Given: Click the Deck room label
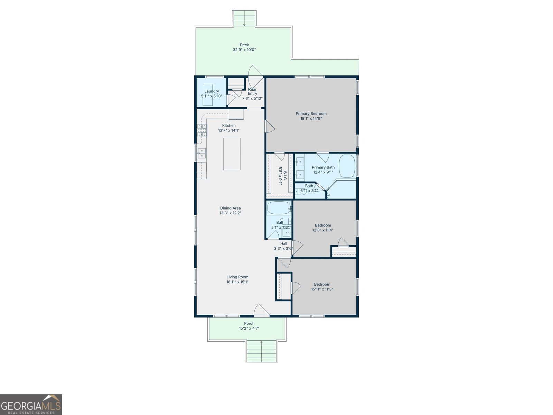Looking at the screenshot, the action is point(244,45).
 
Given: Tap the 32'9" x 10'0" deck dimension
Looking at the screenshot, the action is point(244,50).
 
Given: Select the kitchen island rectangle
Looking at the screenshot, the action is point(232,154).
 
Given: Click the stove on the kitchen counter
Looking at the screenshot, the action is point(202,130).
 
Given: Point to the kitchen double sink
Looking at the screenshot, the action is point(201,154).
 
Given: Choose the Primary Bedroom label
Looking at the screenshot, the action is point(311,114).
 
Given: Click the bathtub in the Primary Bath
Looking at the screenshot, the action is point(347,166).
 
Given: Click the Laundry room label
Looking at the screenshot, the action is point(212,91).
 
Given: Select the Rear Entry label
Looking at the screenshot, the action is point(252,91).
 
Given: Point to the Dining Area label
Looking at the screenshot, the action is point(230,208).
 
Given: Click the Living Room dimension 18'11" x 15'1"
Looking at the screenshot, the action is point(237,282).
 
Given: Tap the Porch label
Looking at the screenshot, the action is point(249,324).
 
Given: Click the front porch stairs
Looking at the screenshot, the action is point(262,351).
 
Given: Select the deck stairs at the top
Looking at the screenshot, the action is point(244,18).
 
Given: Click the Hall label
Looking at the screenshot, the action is point(284,244).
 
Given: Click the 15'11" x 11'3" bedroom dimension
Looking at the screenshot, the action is point(322,289).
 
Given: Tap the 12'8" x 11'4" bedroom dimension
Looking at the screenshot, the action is point(323,230).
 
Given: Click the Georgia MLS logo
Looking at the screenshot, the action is point(31,405).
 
